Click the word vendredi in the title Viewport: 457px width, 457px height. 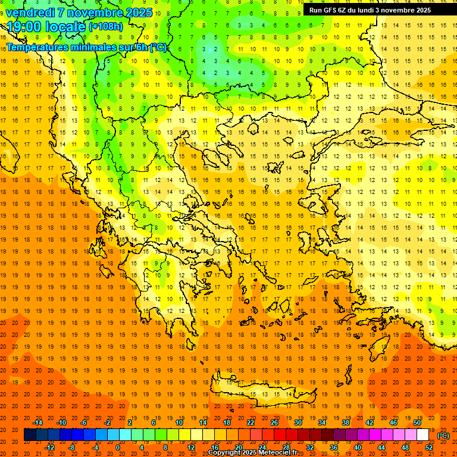[x=30, y=12]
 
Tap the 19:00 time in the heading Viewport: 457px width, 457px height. [x=23, y=27]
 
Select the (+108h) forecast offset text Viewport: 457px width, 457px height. [x=105, y=27]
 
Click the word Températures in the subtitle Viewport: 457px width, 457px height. [x=37, y=47]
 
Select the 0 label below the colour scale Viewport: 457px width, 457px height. [x=118, y=447]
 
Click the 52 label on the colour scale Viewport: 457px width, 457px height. [x=429, y=447]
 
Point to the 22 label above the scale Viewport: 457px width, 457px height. [x=251, y=422]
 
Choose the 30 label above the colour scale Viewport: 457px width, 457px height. [x=298, y=422]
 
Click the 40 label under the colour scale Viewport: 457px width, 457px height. [x=358, y=447]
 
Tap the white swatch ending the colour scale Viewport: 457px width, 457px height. [x=423, y=435]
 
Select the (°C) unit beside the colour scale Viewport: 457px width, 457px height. [x=443, y=436]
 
